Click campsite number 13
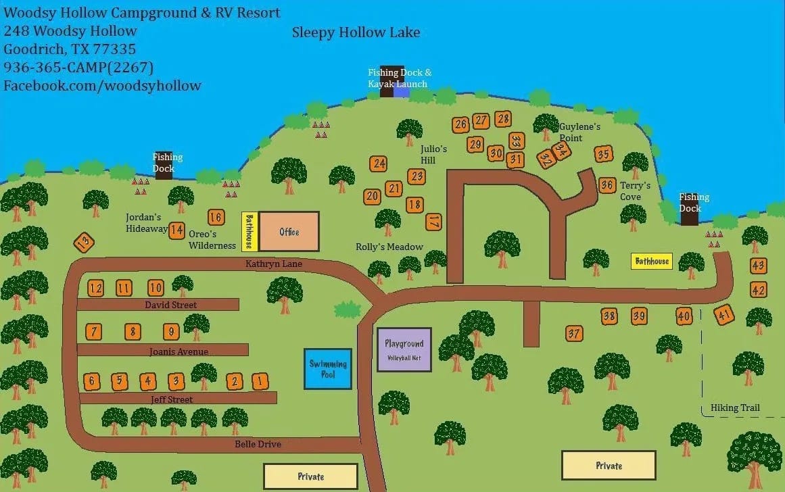point(84,242)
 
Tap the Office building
point(289,232)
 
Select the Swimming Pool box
point(328,369)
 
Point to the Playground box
point(404,350)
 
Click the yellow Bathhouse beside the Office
point(249,231)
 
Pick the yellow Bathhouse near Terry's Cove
point(651,261)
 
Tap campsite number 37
point(574,333)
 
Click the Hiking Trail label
point(735,408)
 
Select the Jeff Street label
point(172,399)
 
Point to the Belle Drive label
point(258,444)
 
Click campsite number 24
point(379,164)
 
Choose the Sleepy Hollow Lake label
point(356,32)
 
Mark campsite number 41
point(724,315)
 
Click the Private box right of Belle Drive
point(310,476)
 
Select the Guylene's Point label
point(579,132)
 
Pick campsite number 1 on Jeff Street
point(260,381)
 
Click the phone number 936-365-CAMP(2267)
point(78,67)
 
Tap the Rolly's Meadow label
point(389,247)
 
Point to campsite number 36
point(606,185)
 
